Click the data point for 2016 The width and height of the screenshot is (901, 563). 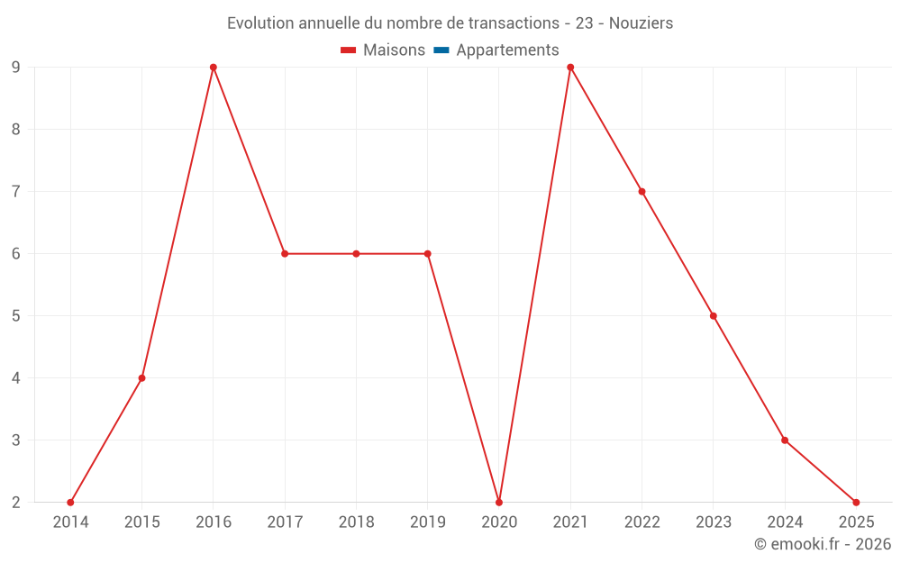click(x=214, y=68)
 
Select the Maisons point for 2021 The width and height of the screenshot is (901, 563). click(x=570, y=68)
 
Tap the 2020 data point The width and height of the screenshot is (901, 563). click(x=499, y=502)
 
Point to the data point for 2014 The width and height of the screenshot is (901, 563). click(x=70, y=502)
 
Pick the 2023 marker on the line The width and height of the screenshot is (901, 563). click(x=714, y=316)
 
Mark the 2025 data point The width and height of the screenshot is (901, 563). click(x=856, y=502)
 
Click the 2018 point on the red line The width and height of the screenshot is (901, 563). click(x=356, y=254)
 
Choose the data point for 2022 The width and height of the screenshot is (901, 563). click(x=642, y=192)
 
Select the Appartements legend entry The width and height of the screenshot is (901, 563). click(x=507, y=50)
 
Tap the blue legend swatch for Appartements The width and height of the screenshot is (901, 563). click(x=441, y=50)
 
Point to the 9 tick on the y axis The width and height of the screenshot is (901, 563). click(x=15, y=68)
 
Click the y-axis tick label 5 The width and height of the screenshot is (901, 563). click(x=15, y=316)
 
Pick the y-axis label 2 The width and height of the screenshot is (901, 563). click(x=15, y=502)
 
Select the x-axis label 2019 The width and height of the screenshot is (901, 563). click(x=427, y=522)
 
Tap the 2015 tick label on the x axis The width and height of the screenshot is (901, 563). click(x=141, y=522)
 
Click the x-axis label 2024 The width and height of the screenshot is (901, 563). click(x=785, y=522)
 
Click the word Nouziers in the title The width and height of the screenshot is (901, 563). click(x=641, y=23)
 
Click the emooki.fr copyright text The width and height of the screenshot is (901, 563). click(x=823, y=544)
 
